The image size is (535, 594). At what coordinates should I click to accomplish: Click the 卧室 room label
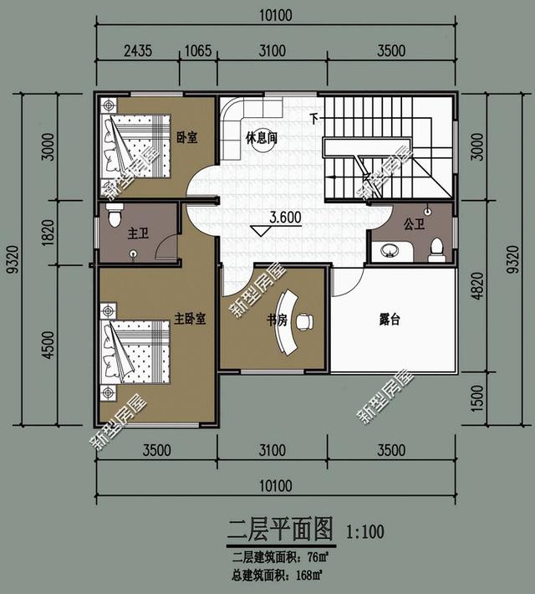pos(187,137)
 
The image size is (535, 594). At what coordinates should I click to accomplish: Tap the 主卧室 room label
pos(190,319)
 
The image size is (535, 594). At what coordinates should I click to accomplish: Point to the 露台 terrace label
pos(389,319)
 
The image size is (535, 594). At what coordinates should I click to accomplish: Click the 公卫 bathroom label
pos(415,223)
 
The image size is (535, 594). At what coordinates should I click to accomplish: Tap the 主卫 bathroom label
pos(138,233)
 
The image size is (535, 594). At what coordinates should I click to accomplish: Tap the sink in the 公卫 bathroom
pos(389,249)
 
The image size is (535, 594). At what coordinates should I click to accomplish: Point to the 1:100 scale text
pos(364,530)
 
